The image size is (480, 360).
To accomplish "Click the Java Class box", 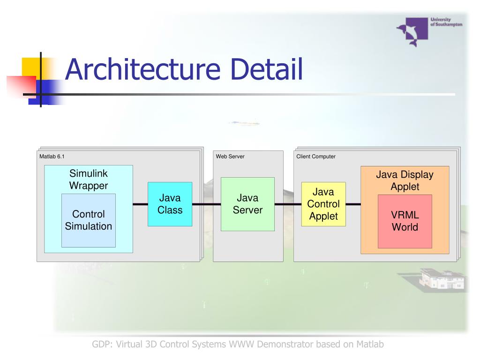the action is (170, 204).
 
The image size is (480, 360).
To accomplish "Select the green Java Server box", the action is (247, 204).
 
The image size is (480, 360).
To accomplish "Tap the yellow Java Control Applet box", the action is (323, 204).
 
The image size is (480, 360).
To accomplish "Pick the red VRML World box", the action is (405, 221).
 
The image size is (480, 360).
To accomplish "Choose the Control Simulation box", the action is (89, 220).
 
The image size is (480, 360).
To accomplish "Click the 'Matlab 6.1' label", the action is (52, 157).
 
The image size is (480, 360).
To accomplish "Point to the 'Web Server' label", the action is (230, 157).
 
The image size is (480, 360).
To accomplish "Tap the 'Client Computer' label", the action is (316, 157).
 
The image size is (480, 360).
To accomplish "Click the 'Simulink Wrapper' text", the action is (89, 180).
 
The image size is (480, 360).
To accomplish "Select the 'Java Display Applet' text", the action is (405, 180).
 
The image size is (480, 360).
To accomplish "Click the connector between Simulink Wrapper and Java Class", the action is (140, 204).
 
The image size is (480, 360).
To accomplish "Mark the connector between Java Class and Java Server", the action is (207, 204).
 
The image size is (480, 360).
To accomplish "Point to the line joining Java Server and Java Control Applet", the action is (288, 204).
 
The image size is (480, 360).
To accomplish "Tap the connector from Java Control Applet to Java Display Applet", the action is (353, 204).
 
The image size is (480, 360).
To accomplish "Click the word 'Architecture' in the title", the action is (142, 69).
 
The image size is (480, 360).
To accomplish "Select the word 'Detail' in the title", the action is (266, 69).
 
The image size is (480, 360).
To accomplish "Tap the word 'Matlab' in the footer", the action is (370, 345).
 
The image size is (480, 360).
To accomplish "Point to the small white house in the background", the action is (442, 278).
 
